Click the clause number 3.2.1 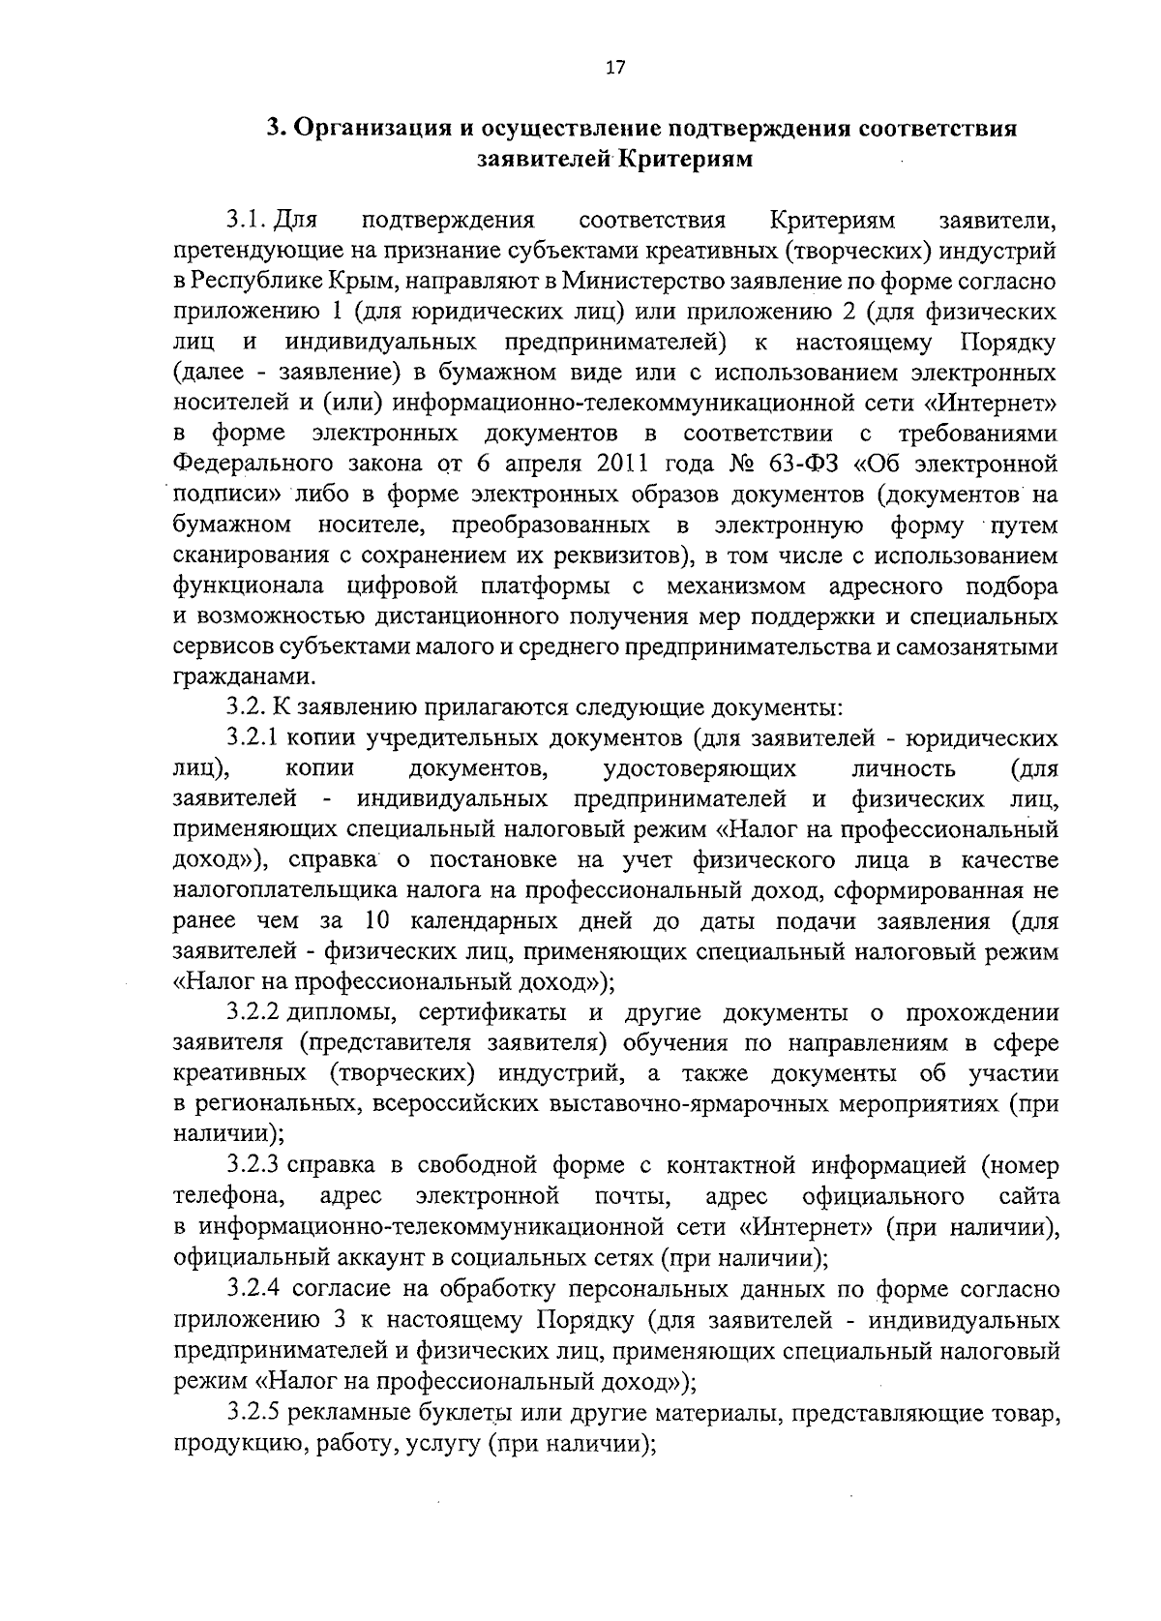pos(253,738)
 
